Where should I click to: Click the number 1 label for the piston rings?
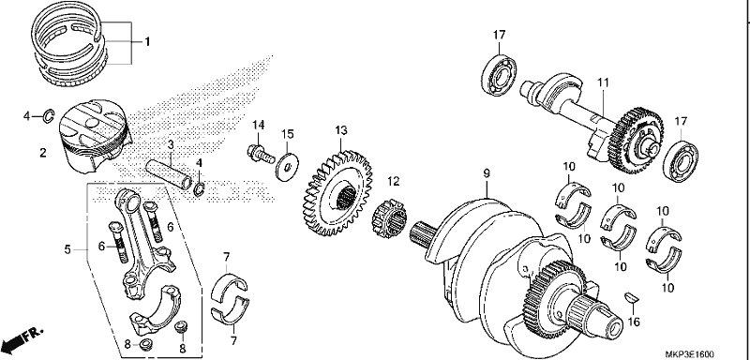pyautogui.click(x=147, y=42)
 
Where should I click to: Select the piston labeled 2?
pyautogui.click(x=95, y=136)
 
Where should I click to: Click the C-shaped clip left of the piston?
pyautogui.click(x=50, y=115)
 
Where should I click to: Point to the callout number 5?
pyautogui.click(x=67, y=249)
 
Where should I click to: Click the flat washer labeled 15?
pyautogui.click(x=287, y=166)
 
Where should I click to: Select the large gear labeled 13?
pyautogui.click(x=337, y=194)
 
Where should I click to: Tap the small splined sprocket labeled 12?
pyautogui.click(x=389, y=219)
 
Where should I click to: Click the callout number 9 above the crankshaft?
pyautogui.click(x=487, y=173)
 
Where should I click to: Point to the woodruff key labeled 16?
pyautogui.click(x=632, y=297)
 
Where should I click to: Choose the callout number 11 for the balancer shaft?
pyautogui.click(x=603, y=83)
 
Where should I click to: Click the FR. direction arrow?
pyautogui.click(x=22, y=338)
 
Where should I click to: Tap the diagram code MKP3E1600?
pyautogui.click(x=690, y=354)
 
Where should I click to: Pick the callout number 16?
pyautogui.click(x=634, y=322)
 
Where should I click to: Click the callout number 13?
pyautogui.click(x=341, y=130)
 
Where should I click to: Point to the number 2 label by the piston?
pyautogui.click(x=43, y=153)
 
